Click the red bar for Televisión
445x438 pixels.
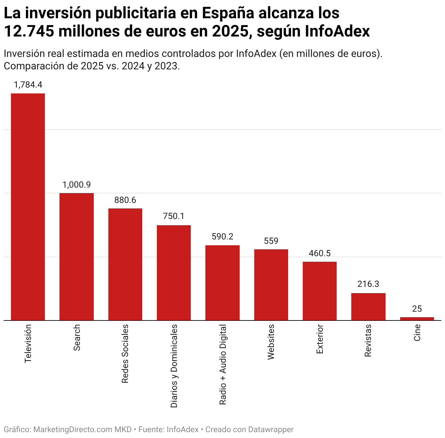(28, 207)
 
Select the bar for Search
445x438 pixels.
(76, 257)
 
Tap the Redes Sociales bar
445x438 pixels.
(125, 264)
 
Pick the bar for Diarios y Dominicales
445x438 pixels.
(174, 273)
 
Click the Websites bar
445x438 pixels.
(271, 285)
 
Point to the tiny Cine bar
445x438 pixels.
(417, 319)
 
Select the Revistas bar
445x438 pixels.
(368, 307)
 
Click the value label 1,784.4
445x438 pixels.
(28, 85)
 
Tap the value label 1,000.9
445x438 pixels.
(77, 185)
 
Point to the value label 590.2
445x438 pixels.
(222, 237)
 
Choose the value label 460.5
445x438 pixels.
(320, 253)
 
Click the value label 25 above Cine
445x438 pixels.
(417, 309)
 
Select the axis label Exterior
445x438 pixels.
(320, 339)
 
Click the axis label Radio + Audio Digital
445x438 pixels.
(222, 364)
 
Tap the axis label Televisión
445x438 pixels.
(28, 343)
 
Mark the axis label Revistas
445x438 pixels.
(368, 340)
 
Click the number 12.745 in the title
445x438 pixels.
(29, 31)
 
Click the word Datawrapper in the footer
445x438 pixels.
(271, 430)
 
